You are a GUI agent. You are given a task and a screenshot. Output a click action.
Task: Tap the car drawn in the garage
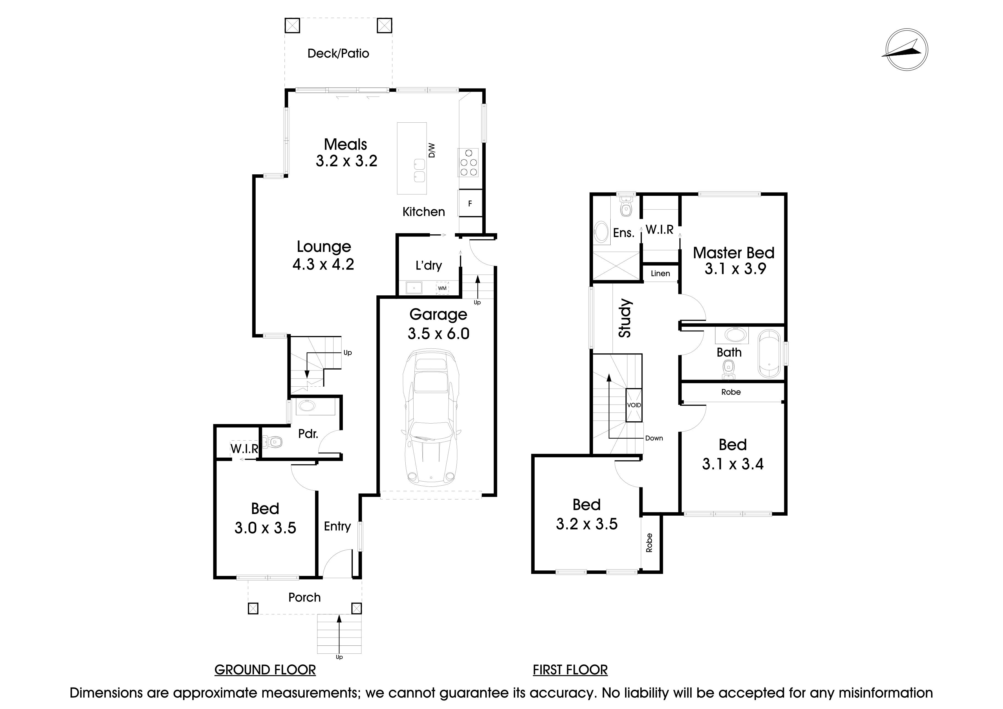click(431, 418)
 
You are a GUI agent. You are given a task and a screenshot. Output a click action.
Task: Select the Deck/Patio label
click(338, 53)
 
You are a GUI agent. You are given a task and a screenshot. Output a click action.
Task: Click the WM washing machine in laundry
click(442, 288)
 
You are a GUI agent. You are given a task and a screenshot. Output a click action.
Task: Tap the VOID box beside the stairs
click(634, 405)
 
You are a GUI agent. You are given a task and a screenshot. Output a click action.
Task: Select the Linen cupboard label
click(660, 273)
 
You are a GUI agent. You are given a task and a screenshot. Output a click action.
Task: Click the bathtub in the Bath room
click(769, 354)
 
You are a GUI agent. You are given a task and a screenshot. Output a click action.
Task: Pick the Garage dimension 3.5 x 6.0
click(439, 334)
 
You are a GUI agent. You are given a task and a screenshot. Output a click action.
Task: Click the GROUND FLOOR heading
click(265, 670)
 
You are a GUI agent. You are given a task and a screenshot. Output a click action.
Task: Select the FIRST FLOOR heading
click(570, 670)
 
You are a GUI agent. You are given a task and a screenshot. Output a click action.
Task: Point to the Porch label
click(305, 597)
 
